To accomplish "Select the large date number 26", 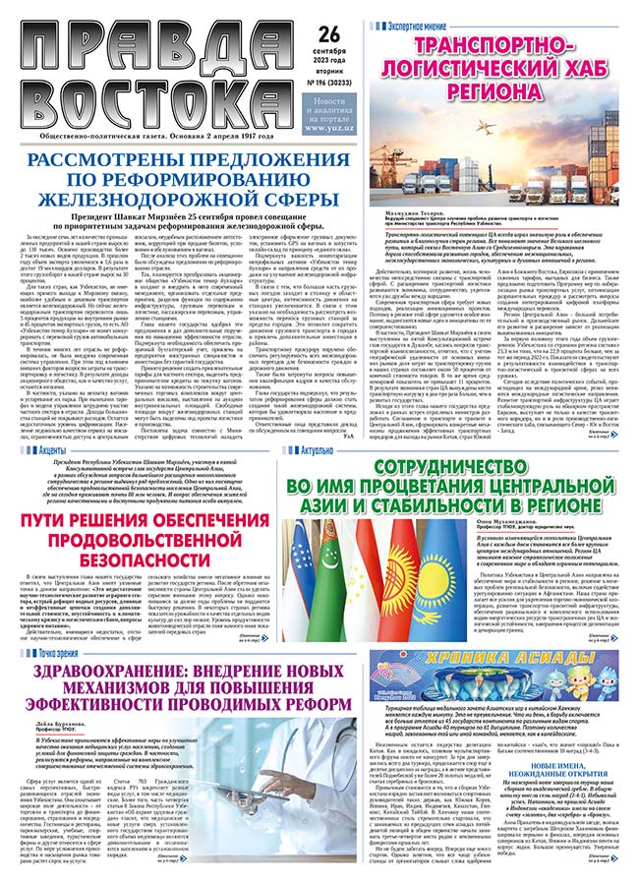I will (x=330, y=34).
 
